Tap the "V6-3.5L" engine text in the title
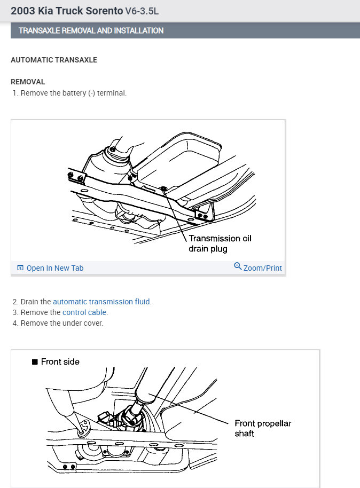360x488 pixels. tap(142, 11)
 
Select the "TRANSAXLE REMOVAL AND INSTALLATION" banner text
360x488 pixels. tap(91, 30)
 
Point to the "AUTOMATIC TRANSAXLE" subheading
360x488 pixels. tap(54, 60)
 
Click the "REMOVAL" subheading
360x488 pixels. tap(28, 82)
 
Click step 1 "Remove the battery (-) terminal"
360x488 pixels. tap(73, 93)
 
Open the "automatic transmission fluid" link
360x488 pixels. tap(101, 302)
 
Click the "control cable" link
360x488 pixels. tap(84, 312)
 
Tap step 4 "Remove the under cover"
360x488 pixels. tap(61, 323)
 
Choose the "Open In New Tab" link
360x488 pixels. tap(55, 268)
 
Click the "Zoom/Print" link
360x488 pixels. tap(262, 268)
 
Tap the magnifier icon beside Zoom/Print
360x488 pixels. tap(238, 266)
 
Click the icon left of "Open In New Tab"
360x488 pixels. tap(20, 268)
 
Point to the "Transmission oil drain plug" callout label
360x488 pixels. tap(220, 243)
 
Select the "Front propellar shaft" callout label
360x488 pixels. tap(263, 428)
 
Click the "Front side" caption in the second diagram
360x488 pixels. tap(60, 361)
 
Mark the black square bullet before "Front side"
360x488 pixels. tap(35, 362)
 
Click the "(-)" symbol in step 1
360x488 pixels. tap(91, 93)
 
